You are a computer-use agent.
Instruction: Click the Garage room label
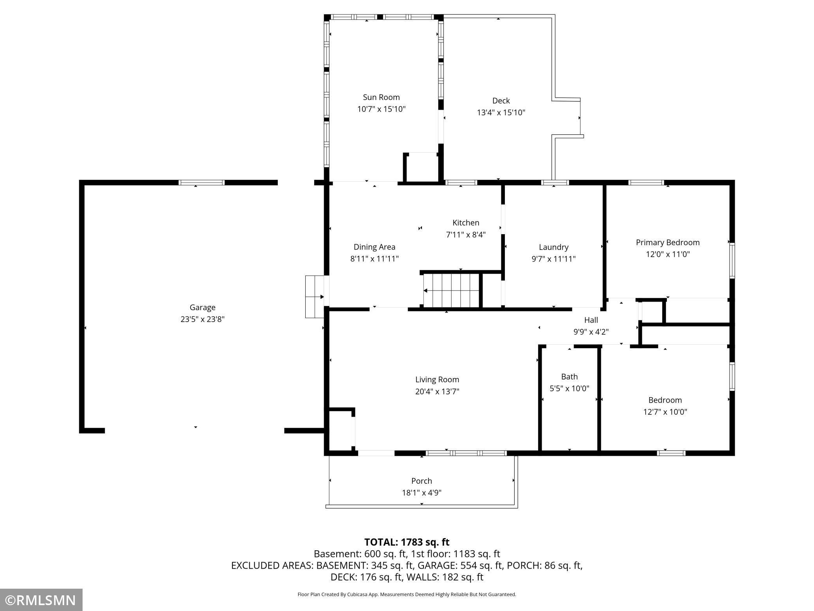click(202, 307)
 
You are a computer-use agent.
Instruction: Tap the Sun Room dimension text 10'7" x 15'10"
click(381, 109)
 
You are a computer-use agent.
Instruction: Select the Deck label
click(501, 101)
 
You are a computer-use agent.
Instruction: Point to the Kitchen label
click(466, 222)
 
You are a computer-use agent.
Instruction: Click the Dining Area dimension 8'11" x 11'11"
click(375, 258)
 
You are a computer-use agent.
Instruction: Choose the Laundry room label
click(553, 247)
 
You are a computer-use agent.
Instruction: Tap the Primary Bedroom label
click(668, 242)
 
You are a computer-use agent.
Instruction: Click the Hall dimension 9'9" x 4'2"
click(591, 332)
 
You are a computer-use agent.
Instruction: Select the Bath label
click(569, 376)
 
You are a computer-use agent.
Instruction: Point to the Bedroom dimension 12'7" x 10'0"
click(665, 412)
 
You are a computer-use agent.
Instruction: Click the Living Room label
click(437, 380)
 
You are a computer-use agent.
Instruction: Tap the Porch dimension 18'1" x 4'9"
click(421, 492)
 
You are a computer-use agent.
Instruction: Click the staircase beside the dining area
click(452, 290)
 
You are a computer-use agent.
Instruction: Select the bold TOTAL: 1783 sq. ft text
click(407, 542)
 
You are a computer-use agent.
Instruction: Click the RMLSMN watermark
click(41, 600)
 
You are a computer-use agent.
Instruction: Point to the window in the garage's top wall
click(202, 183)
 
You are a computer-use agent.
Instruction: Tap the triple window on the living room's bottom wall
click(466, 453)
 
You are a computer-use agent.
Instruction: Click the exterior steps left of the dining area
click(315, 296)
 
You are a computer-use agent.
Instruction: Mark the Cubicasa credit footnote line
click(407, 594)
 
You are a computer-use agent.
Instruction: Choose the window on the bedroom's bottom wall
click(671, 453)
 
